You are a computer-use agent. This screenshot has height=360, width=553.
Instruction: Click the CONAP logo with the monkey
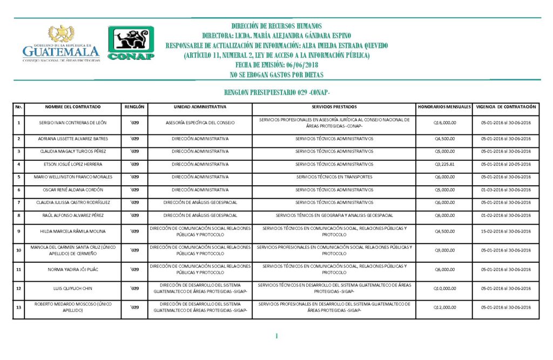click(131, 43)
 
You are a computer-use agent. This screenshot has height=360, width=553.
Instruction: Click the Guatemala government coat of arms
click(62, 33)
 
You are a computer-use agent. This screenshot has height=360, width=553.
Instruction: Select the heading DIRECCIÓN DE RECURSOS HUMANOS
click(276, 26)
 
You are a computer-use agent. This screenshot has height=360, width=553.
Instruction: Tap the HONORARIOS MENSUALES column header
click(444, 107)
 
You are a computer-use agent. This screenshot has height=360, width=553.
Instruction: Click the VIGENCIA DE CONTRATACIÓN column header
click(505, 107)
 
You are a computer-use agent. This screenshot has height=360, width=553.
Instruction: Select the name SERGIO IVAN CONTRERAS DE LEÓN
click(73, 123)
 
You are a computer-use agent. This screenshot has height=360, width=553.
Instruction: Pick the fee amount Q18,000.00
click(445, 123)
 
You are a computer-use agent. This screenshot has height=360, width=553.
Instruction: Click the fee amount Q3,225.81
click(445, 164)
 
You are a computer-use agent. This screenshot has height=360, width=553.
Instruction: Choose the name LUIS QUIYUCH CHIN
click(73, 288)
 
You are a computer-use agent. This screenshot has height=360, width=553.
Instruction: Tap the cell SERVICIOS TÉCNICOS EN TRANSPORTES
click(334, 176)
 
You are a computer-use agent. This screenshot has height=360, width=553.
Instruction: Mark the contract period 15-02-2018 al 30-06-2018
click(505, 232)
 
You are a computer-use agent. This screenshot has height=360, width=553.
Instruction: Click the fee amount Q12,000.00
click(445, 307)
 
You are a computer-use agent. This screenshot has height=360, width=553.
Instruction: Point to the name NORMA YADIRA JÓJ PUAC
click(73, 269)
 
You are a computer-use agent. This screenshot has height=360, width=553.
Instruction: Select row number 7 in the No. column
click(19, 202)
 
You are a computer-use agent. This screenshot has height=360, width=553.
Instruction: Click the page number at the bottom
click(276, 336)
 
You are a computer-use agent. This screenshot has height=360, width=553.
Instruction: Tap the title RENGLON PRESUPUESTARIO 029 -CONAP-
click(276, 93)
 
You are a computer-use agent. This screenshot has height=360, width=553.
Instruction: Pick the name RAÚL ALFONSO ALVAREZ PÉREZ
click(73, 215)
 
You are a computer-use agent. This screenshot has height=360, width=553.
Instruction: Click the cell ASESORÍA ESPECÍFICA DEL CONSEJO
click(200, 123)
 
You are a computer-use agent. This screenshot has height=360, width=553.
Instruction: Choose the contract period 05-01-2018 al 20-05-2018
click(505, 164)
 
